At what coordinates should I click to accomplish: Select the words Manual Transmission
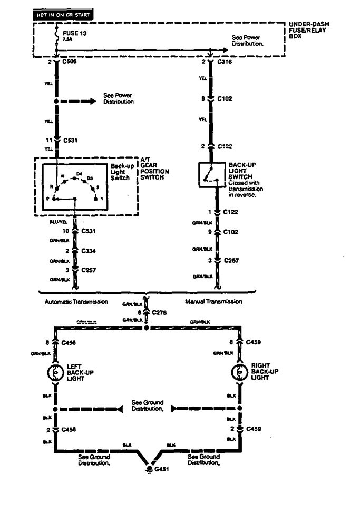pos(213,302)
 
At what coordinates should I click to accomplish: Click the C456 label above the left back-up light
pos(69,343)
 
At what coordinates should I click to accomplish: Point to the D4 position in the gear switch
pos(79,173)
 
